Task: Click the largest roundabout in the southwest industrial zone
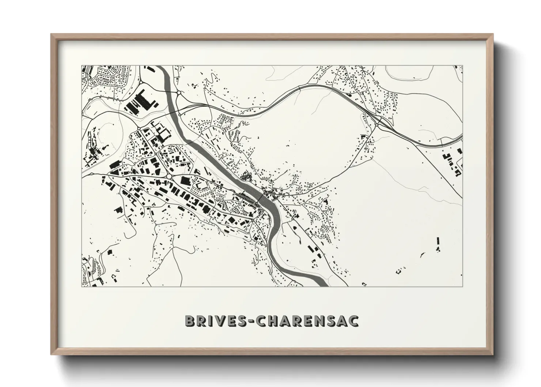(169, 177)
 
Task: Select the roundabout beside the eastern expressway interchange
(377, 125)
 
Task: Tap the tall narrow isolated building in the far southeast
(438, 242)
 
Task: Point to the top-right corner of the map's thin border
(462, 66)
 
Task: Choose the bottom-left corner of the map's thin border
(81, 286)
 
